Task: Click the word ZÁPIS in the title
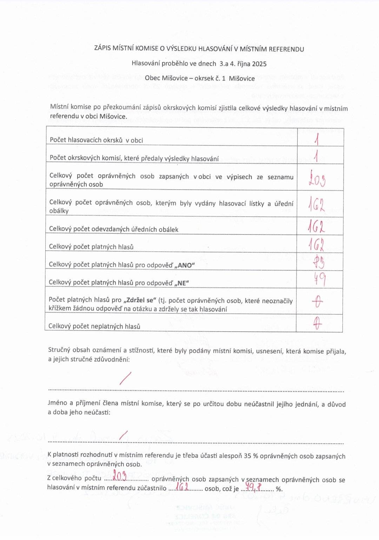click(102, 49)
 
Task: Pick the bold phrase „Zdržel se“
click(140, 300)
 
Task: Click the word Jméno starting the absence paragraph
click(58, 403)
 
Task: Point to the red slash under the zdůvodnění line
click(125, 378)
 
